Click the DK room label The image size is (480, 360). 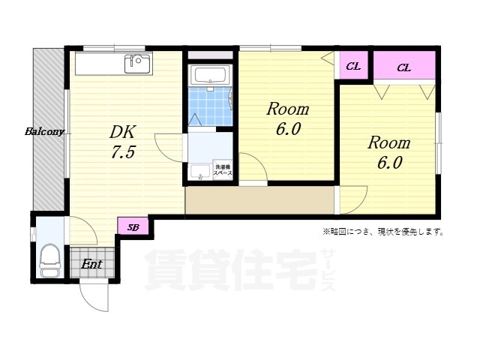click(122, 132)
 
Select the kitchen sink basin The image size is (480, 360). click(137, 64)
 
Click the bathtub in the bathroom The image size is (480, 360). click(209, 75)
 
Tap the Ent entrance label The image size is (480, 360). click(91, 264)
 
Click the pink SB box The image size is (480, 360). click(133, 226)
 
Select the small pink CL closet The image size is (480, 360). click(353, 66)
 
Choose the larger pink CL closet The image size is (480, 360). click(404, 67)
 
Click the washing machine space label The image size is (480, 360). click(222, 169)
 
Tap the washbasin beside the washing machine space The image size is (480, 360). click(199, 172)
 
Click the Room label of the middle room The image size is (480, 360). click(288, 109)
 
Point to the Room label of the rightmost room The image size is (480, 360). click(388, 142)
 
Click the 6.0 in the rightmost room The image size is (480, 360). click(388, 163)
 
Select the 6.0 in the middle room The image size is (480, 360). click(288, 130)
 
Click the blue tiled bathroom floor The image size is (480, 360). click(210, 107)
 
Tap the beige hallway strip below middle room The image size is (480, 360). click(259, 200)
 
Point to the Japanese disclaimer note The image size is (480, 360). click(382, 232)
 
